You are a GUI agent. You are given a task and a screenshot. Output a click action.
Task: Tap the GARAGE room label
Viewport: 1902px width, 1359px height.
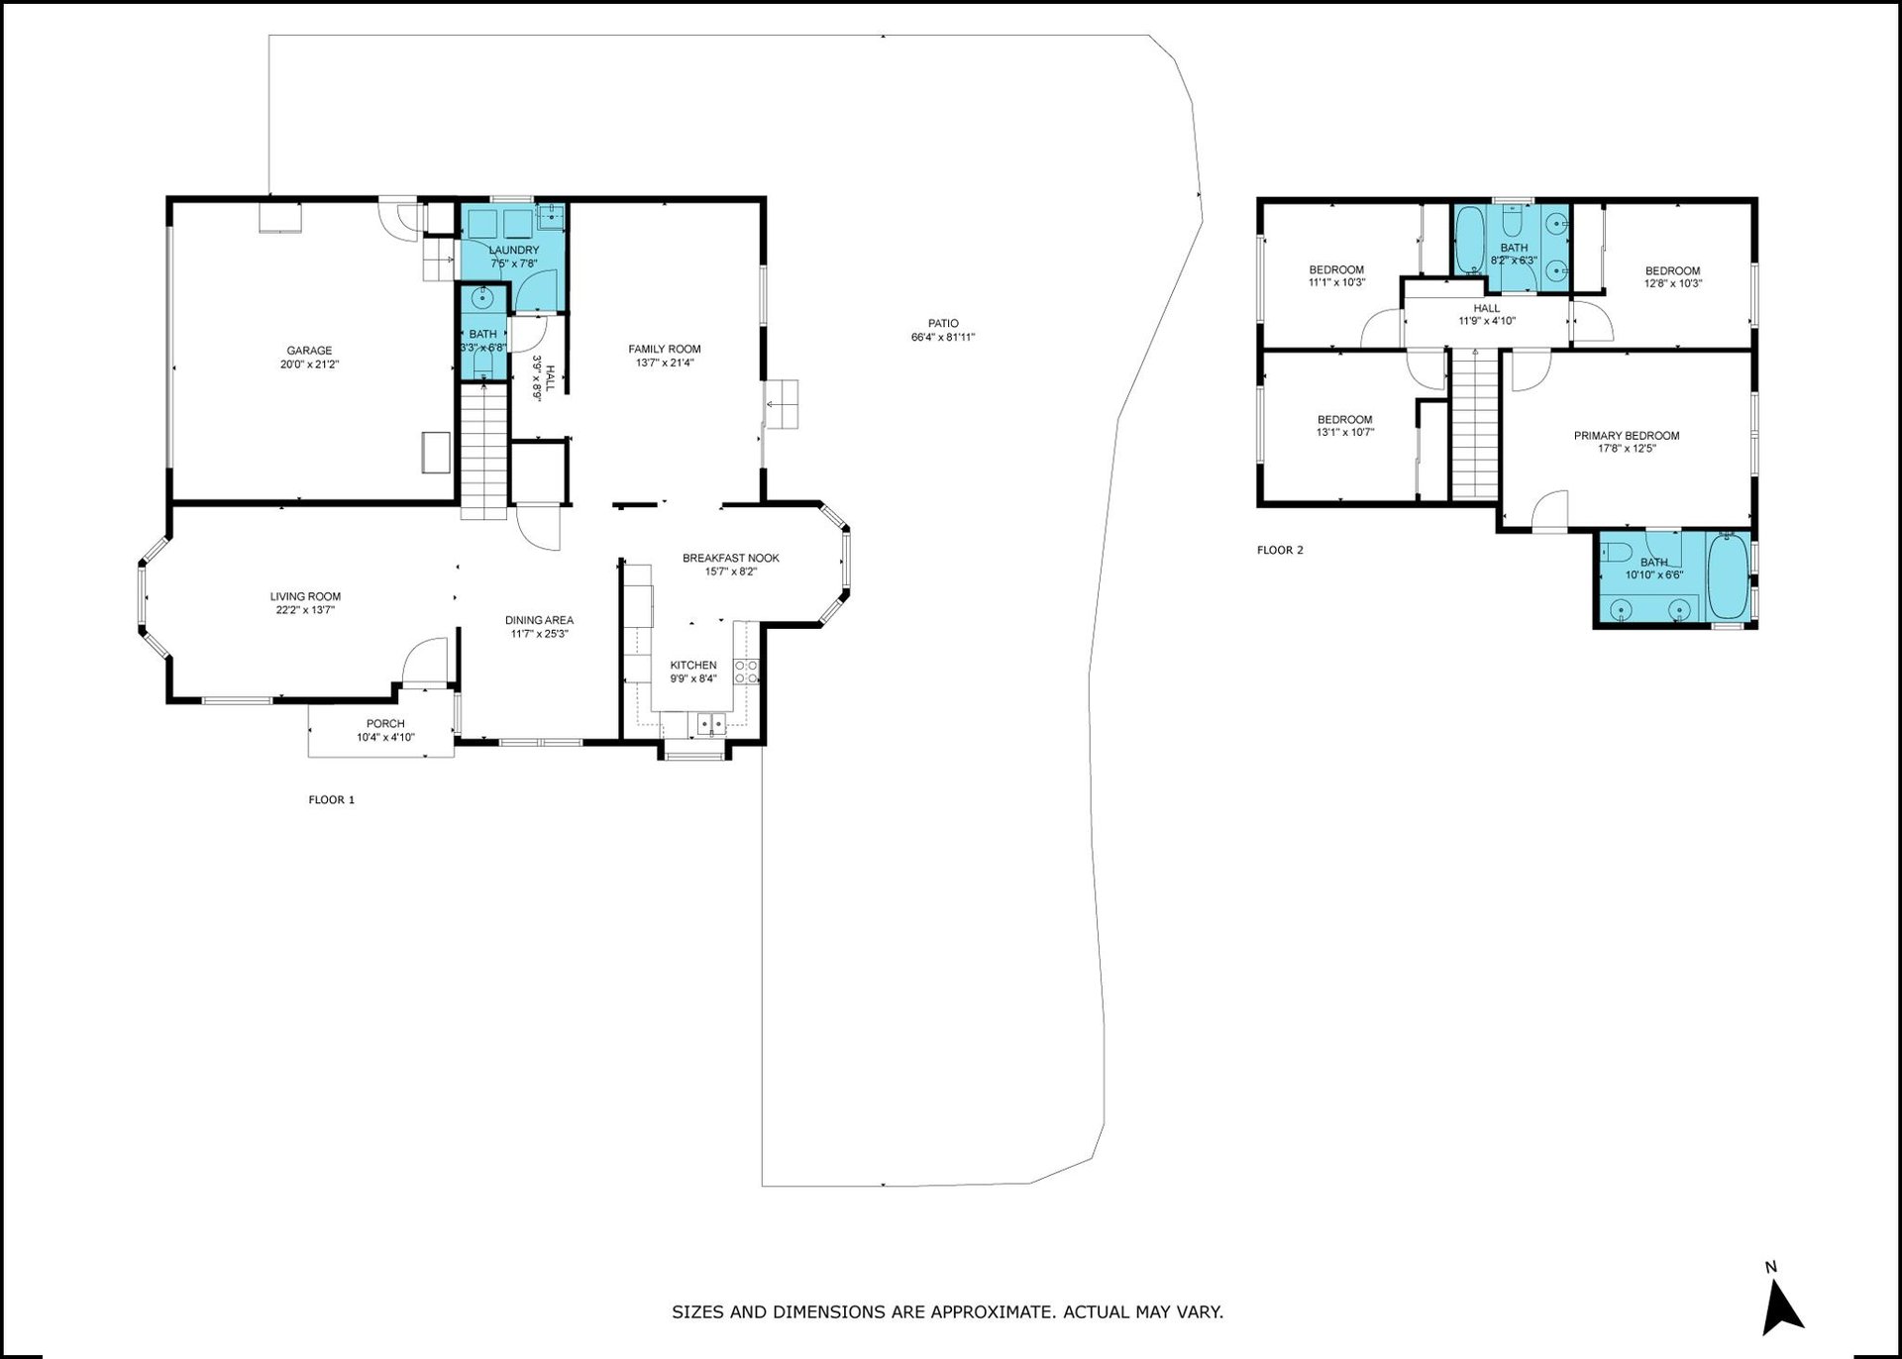[309, 351]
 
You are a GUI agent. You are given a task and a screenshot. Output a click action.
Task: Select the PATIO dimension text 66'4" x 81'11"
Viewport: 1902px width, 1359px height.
[943, 338]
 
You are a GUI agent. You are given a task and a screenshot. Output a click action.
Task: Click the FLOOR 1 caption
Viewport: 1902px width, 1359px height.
[331, 799]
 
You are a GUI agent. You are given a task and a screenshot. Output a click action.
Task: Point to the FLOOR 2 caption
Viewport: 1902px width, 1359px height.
[1280, 550]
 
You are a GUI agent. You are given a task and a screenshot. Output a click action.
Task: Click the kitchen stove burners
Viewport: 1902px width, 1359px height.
[746, 672]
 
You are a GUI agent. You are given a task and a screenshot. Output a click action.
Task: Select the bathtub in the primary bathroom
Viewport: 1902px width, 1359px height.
[1729, 579]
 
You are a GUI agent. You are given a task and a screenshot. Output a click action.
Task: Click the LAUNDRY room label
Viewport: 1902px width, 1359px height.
[514, 251]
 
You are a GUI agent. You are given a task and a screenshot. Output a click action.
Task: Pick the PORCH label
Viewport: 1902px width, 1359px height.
[385, 724]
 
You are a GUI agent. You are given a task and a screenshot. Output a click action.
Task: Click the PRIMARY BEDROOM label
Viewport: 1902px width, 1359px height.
[1627, 436]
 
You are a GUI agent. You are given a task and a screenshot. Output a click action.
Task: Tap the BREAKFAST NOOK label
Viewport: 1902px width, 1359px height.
[731, 558]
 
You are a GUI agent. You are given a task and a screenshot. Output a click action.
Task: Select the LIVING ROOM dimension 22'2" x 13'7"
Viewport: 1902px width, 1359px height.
[305, 610]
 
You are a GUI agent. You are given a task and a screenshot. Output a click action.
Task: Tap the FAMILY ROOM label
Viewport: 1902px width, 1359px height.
[665, 349]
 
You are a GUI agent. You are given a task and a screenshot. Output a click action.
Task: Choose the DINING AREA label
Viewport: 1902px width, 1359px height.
[539, 620]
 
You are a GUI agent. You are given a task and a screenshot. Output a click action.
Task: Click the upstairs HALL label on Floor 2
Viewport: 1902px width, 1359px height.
[1487, 308]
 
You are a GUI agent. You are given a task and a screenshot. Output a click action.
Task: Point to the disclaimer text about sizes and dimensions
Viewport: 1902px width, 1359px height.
[948, 1313]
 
